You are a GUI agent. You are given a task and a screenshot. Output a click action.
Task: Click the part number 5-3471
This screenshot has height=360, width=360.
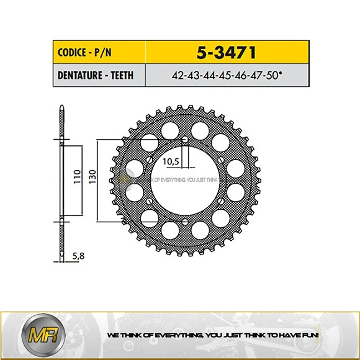[217, 50]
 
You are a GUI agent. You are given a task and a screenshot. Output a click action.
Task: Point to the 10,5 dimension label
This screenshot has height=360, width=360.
[171, 161]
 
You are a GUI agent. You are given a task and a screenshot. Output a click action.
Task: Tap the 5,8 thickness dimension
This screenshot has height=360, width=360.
[78, 255]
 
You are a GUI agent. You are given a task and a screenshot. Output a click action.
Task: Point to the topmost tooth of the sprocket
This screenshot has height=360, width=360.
[183, 108]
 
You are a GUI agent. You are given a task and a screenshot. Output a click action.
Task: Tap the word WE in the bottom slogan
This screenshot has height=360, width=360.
[113, 335]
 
